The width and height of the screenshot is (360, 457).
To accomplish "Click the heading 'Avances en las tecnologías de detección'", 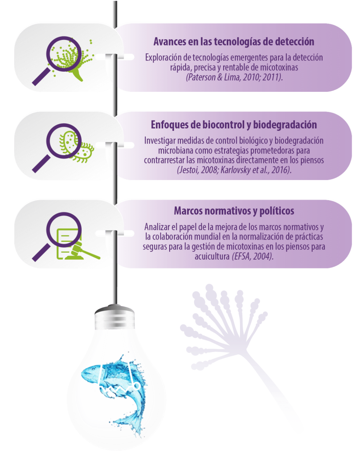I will (233, 42).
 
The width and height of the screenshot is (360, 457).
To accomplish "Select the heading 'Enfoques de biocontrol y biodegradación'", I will (233, 125).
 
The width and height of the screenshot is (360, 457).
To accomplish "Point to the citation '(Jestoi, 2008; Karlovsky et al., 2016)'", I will (234, 169).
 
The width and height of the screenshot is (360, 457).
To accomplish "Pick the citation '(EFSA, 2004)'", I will (255, 257).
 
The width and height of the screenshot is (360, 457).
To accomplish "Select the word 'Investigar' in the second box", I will (160, 141).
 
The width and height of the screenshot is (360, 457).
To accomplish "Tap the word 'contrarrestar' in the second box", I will (165, 160).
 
